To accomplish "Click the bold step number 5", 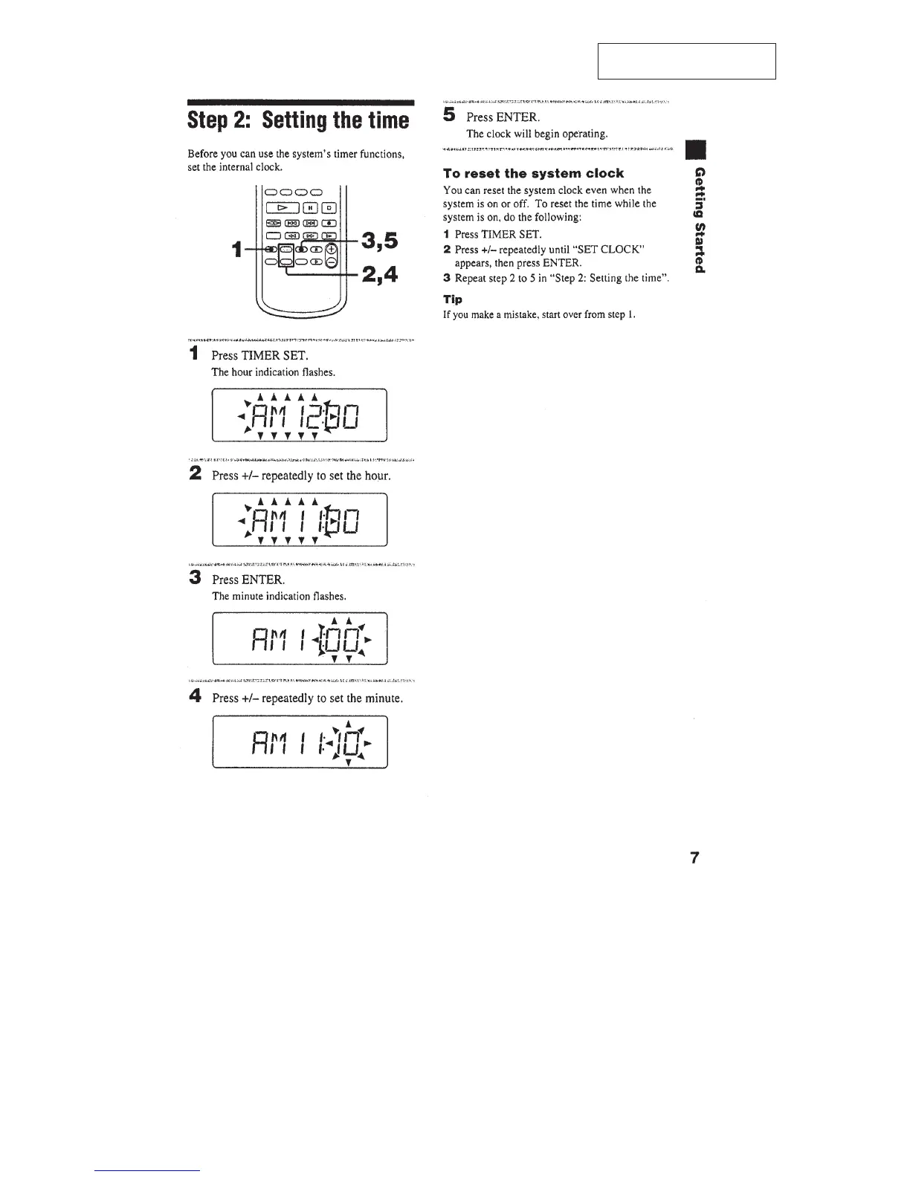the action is [x=448, y=115].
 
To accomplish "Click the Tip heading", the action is [x=452, y=299].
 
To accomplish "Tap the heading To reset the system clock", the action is [x=533, y=173].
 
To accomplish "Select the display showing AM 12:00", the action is [x=300, y=415].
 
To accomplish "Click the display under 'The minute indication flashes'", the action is [x=300, y=638].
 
